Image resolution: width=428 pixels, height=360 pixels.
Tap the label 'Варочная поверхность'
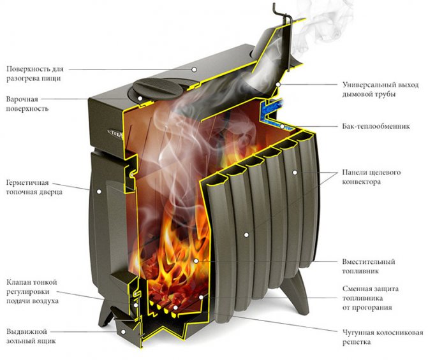(29, 104)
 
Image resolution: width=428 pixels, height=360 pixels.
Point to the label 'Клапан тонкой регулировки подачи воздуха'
(33, 291)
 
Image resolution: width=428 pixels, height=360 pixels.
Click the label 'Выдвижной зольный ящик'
(33, 336)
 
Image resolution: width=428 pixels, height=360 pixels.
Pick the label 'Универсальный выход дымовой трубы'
(379, 89)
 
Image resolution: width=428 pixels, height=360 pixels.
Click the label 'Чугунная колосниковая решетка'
(381, 337)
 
